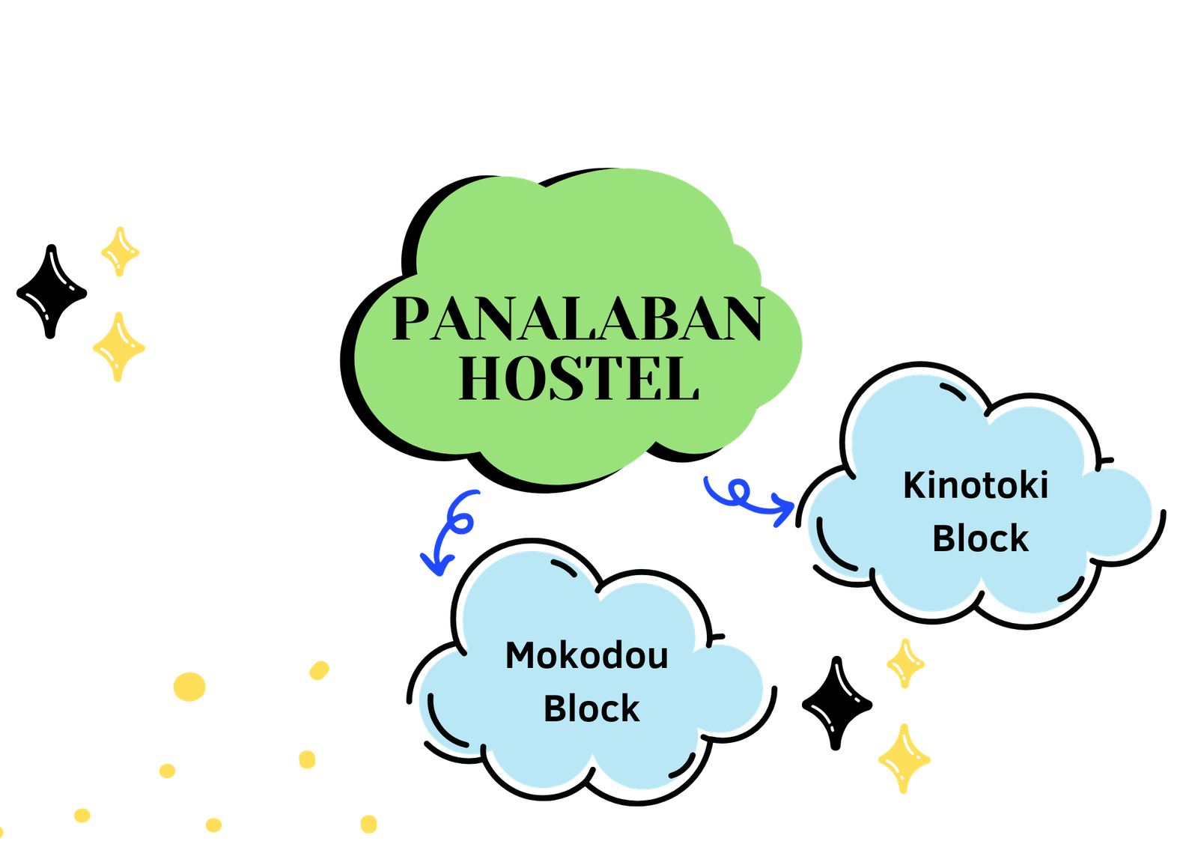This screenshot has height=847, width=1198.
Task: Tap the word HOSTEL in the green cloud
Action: (578, 378)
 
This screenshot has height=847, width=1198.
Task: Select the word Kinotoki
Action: (975, 485)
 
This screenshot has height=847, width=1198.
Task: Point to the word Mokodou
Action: (586, 655)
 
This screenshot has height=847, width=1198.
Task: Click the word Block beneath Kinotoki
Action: (980, 538)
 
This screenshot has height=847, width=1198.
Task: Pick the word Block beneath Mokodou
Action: (591, 708)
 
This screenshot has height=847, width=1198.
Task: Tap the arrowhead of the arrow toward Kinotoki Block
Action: (785, 511)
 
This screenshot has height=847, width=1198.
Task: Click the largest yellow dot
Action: (189, 686)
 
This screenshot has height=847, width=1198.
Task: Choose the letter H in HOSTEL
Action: (479, 378)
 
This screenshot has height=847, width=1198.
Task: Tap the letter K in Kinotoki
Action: (914, 485)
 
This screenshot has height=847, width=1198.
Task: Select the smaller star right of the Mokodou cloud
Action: (905, 663)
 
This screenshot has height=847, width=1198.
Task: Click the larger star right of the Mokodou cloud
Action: (904, 758)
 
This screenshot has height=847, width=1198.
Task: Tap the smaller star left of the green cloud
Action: (120, 252)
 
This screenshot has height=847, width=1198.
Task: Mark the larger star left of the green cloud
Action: (119, 347)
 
